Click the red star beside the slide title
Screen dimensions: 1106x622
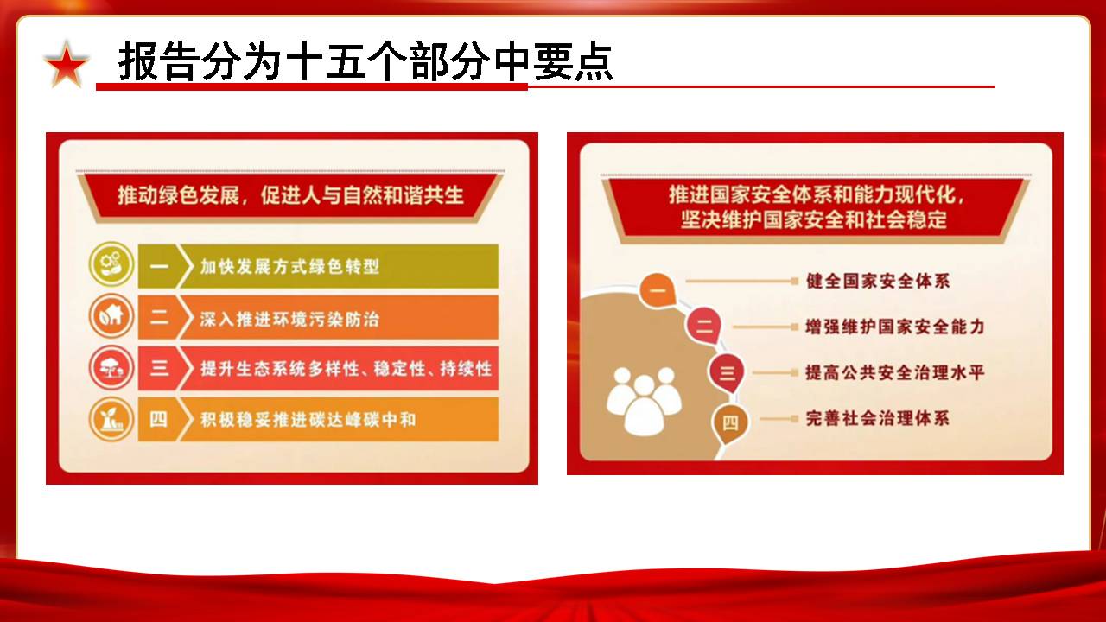[x=67, y=65]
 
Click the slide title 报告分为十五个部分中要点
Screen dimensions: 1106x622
[x=365, y=61]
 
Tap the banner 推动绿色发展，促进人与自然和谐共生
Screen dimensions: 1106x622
[x=290, y=195]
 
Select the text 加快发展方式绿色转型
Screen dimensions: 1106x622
[x=289, y=267]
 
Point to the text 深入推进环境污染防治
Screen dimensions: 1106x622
[x=289, y=319]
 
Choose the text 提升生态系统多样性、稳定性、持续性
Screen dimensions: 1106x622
[x=346, y=368]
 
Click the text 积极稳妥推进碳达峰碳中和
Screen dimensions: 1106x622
[x=308, y=420]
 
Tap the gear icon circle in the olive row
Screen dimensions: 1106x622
[x=111, y=264]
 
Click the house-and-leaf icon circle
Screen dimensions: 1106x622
[x=111, y=316]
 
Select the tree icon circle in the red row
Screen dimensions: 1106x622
[x=111, y=368]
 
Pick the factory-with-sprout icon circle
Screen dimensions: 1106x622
[x=111, y=419]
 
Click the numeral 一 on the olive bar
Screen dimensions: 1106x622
[x=159, y=267]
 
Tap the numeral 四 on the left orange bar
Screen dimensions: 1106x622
[x=158, y=419]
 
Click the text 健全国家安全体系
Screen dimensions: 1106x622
[x=878, y=281]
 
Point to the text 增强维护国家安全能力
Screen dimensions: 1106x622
[x=895, y=327]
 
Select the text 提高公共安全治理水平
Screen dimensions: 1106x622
[x=895, y=372]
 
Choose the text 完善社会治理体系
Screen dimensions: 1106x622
[x=878, y=418]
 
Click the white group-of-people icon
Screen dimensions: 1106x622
[x=644, y=401]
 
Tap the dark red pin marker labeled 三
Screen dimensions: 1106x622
[x=727, y=373]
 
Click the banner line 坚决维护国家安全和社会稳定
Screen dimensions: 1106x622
[x=814, y=219]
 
